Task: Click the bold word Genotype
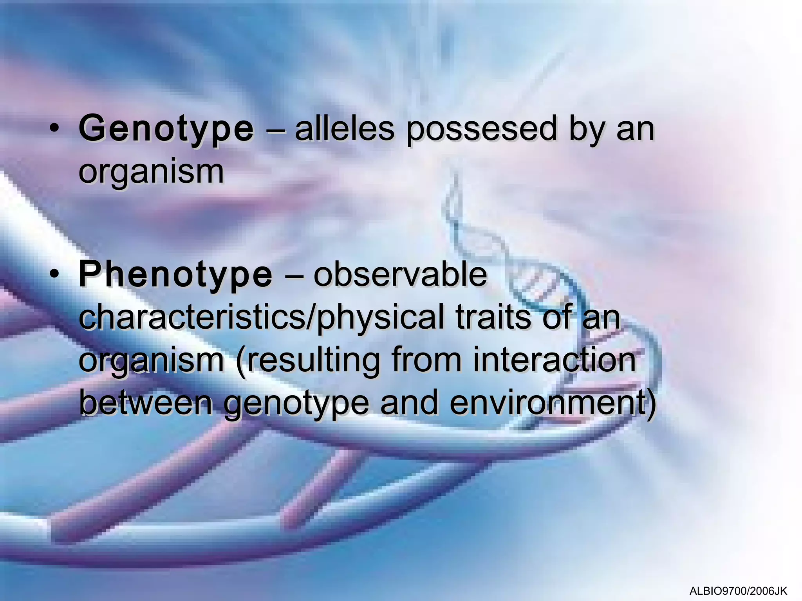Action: (x=166, y=129)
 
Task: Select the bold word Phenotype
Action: (x=175, y=275)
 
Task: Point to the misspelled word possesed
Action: (x=481, y=129)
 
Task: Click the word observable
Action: (x=400, y=275)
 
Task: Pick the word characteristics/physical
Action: (x=262, y=318)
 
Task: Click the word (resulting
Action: (x=308, y=361)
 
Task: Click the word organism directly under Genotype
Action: (x=151, y=172)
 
